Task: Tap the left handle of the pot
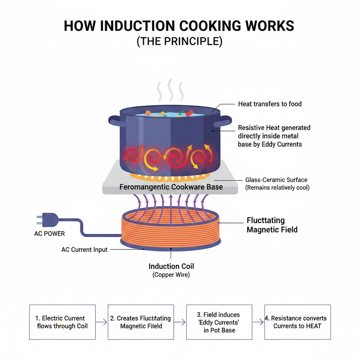114,121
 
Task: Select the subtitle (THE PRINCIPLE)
179,41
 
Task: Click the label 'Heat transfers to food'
270,104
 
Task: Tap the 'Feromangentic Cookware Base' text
171,187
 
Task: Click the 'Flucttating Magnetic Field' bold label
272,225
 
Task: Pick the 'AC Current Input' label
84,250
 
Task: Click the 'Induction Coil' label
171,266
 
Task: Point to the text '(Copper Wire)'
171,275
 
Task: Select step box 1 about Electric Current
62,322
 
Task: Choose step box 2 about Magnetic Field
141,322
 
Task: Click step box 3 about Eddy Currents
219,322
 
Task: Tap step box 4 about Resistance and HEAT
297,322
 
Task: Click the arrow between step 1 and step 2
101,322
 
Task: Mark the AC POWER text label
49,234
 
